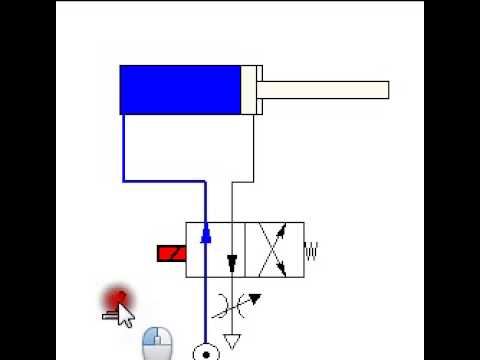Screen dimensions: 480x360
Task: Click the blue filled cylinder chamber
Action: tap(180, 90)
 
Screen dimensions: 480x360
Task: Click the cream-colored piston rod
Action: tap(325, 90)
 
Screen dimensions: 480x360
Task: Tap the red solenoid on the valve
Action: tap(172, 253)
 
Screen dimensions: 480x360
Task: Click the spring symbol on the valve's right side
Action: tap(311, 250)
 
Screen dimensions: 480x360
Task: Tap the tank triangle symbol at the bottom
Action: tap(233, 342)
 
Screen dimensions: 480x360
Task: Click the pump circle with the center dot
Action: tap(206, 352)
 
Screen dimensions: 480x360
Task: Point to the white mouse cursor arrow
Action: tap(125, 315)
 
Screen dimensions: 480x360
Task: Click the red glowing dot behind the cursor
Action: tap(117, 298)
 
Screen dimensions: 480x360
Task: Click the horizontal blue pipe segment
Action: tap(165, 181)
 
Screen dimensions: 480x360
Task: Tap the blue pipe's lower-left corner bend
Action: tap(124, 181)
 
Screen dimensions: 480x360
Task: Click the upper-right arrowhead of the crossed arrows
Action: tap(283, 230)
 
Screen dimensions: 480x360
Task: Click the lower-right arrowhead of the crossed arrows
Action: tap(284, 270)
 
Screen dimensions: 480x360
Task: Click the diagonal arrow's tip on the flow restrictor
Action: tap(258, 296)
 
